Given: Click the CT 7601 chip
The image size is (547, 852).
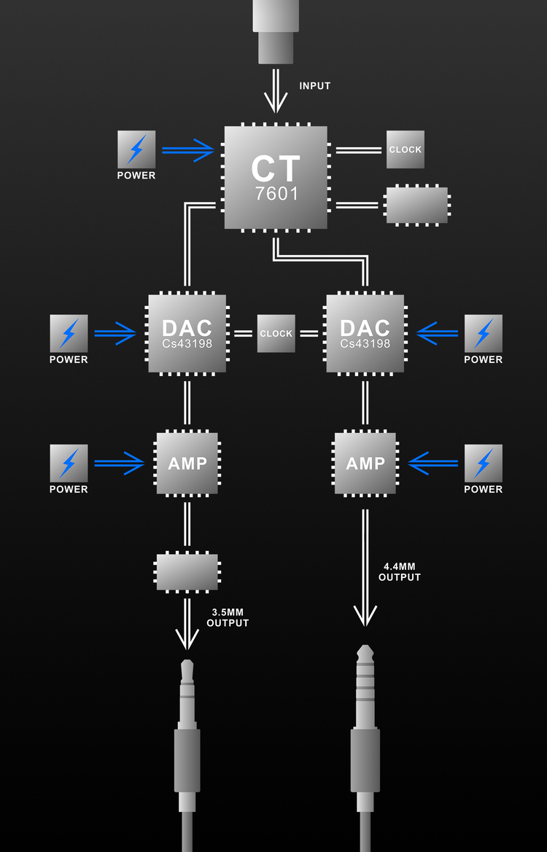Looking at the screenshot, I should pos(276,177).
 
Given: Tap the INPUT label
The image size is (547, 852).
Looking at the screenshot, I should pos(315,86).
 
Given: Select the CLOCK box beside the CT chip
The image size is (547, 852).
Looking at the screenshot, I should pos(405,149).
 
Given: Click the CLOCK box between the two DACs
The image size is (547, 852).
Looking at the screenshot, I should pos(276,334).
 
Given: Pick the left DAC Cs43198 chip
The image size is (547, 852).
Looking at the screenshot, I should pos(187,334).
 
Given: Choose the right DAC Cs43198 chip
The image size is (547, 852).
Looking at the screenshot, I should pos(365,334).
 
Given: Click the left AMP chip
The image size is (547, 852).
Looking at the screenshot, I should pos(187,464).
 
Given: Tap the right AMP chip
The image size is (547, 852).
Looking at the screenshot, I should pos(365,464).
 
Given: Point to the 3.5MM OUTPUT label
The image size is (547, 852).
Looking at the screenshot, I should pos(228,618).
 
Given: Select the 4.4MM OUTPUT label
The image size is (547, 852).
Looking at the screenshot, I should pos(400,572).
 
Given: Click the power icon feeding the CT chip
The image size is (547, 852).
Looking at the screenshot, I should pos(136,149).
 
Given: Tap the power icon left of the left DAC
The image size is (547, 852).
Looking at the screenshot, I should pos(69,333).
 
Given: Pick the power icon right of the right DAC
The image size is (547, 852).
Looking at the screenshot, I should pos(483,333).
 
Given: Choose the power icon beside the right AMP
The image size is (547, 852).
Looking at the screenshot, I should pos(483,463).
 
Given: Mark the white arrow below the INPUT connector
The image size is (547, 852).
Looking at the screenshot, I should pos(276,90).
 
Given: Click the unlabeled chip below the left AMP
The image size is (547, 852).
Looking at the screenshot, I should pos(187,572).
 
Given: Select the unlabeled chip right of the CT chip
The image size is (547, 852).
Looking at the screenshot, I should pos(416,206).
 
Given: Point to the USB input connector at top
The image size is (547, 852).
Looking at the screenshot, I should pos(276,29).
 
